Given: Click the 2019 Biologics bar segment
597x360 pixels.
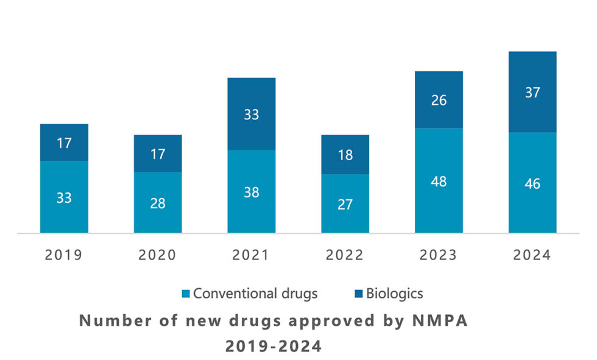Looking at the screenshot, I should (64, 143).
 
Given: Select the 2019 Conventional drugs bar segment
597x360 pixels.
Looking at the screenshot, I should (64, 197).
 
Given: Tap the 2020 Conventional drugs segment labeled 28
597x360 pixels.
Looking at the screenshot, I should (158, 202).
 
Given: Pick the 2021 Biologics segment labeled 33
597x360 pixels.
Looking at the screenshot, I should (252, 114).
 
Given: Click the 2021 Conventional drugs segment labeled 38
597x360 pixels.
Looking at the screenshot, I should (252, 191).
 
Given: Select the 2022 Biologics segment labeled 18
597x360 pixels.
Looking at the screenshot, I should (345, 154).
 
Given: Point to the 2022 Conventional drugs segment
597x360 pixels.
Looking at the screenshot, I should (345, 203).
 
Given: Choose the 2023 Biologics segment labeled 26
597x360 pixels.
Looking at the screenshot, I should (439, 100).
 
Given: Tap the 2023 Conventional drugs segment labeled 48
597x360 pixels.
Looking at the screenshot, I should (439, 180).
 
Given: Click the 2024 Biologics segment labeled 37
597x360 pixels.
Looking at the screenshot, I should (532, 92).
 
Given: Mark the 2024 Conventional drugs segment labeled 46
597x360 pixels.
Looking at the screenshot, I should (532, 182).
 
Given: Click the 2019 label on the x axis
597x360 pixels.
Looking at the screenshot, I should (64, 255).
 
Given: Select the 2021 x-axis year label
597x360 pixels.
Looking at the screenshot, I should (252, 255).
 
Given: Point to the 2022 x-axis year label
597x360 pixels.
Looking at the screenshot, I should (345, 255).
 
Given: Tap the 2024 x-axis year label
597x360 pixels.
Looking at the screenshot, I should (532, 255).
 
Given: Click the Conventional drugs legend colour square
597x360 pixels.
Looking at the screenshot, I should (186, 294).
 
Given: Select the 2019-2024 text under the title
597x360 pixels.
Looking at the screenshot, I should (274, 346).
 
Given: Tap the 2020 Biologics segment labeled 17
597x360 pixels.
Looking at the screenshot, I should (158, 154).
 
